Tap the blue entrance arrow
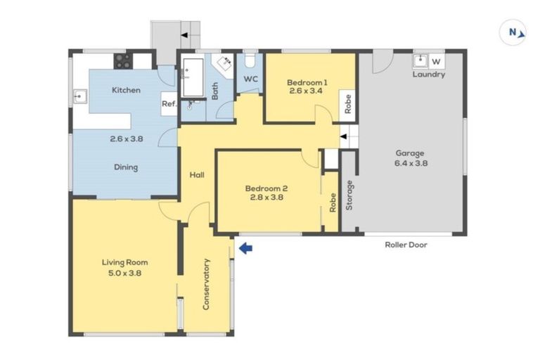245,247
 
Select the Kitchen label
126,90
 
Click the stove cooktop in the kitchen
122,60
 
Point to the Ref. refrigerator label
169,104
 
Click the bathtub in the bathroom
192,77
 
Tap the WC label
251,79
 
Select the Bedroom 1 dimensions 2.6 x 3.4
304,91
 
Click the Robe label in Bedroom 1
348,103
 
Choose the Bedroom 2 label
266,188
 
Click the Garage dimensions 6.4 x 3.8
412,162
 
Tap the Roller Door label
406,245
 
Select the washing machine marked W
436,61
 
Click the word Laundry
428,75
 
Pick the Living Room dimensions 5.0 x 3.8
124,273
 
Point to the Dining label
126,167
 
